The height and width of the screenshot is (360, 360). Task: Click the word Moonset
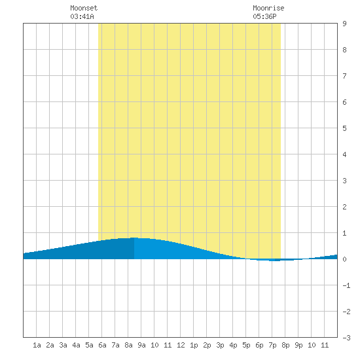(x=84, y=8)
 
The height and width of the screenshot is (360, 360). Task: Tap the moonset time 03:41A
(x=82, y=16)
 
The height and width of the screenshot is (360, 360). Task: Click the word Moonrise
(x=268, y=8)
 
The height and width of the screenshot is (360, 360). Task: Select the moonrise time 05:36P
(x=264, y=16)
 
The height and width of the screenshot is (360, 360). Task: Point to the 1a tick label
(x=37, y=345)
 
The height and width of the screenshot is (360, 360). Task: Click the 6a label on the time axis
(x=102, y=345)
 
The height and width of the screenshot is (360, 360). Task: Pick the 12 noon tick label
(x=181, y=345)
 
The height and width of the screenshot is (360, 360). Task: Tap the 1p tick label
(x=194, y=345)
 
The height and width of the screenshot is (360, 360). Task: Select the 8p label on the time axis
(x=285, y=345)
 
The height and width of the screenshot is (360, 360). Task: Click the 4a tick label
(x=76, y=345)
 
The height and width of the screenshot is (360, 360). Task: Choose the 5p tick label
(x=246, y=345)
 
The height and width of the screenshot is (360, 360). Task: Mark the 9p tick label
(x=298, y=345)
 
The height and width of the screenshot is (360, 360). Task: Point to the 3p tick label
(x=220, y=345)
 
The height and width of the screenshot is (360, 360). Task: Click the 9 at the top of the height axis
(x=344, y=24)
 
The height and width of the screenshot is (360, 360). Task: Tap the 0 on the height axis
(x=344, y=259)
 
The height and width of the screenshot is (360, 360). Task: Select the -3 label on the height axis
(x=346, y=338)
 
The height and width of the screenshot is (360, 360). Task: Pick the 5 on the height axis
(x=344, y=128)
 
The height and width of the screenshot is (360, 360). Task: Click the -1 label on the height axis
(x=346, y=285)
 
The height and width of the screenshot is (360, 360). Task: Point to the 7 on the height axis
(x=344, y=76)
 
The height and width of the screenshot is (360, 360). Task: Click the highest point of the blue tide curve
(x=134, y=238)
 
